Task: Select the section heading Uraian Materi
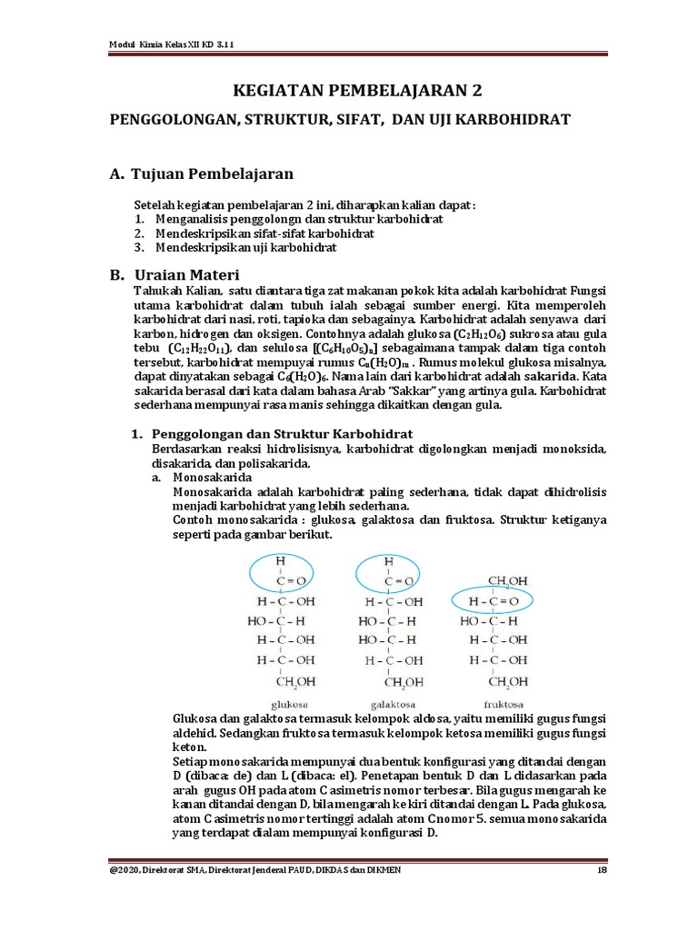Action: coord(185,274)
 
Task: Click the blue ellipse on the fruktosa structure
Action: coord(492,601)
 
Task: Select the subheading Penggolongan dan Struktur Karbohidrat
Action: coord(282,433)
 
